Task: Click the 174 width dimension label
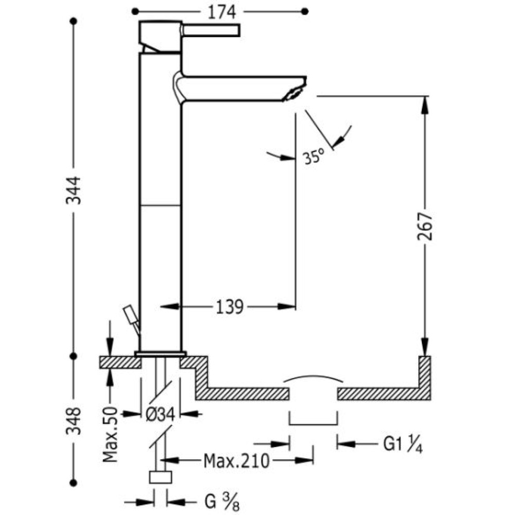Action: click(221, 12)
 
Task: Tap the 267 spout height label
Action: click(425, 226)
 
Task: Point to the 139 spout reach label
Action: click(229, 307)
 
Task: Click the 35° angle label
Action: click(314, 157)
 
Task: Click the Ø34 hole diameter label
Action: click(160, 415)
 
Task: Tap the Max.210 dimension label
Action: click(236, 461)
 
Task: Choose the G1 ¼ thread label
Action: click(403, 444)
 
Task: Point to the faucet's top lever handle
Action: click(212, 30)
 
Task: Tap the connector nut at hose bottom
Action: click(161, 477)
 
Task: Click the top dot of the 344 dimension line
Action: click(74, 21)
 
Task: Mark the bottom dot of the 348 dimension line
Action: click(74, 483)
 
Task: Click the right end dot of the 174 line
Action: click(305, 12)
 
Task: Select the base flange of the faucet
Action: click(161, 354)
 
